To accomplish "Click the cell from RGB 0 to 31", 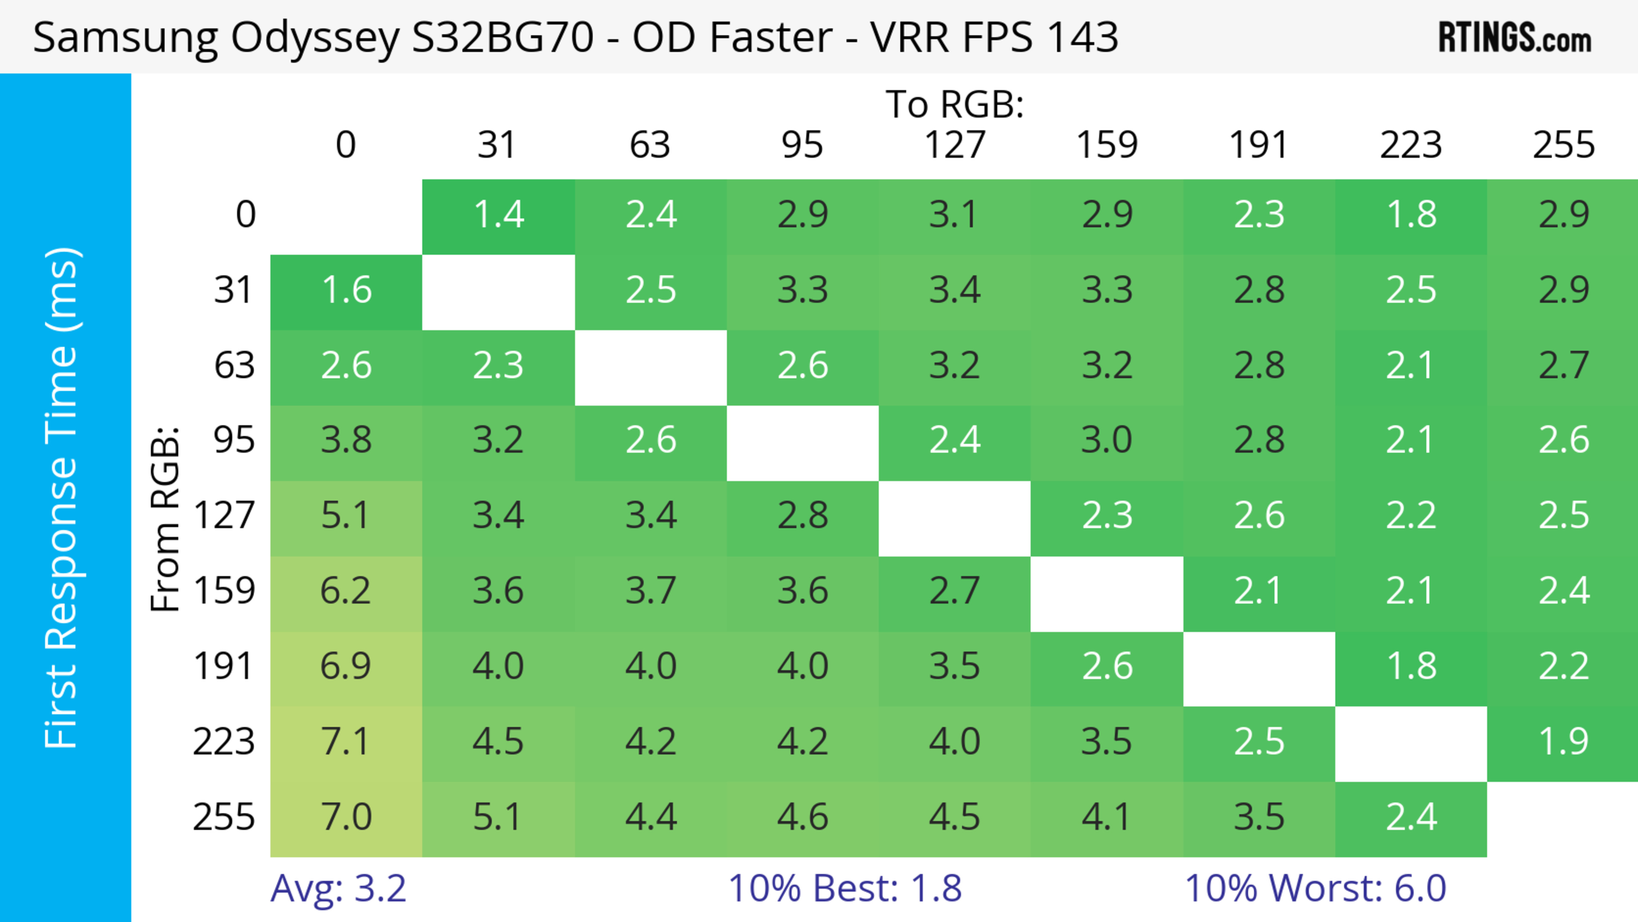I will [499, 215].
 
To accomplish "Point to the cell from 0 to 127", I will [955, 215].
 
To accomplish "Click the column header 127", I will [955, 145].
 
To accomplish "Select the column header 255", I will [1563, 145].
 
